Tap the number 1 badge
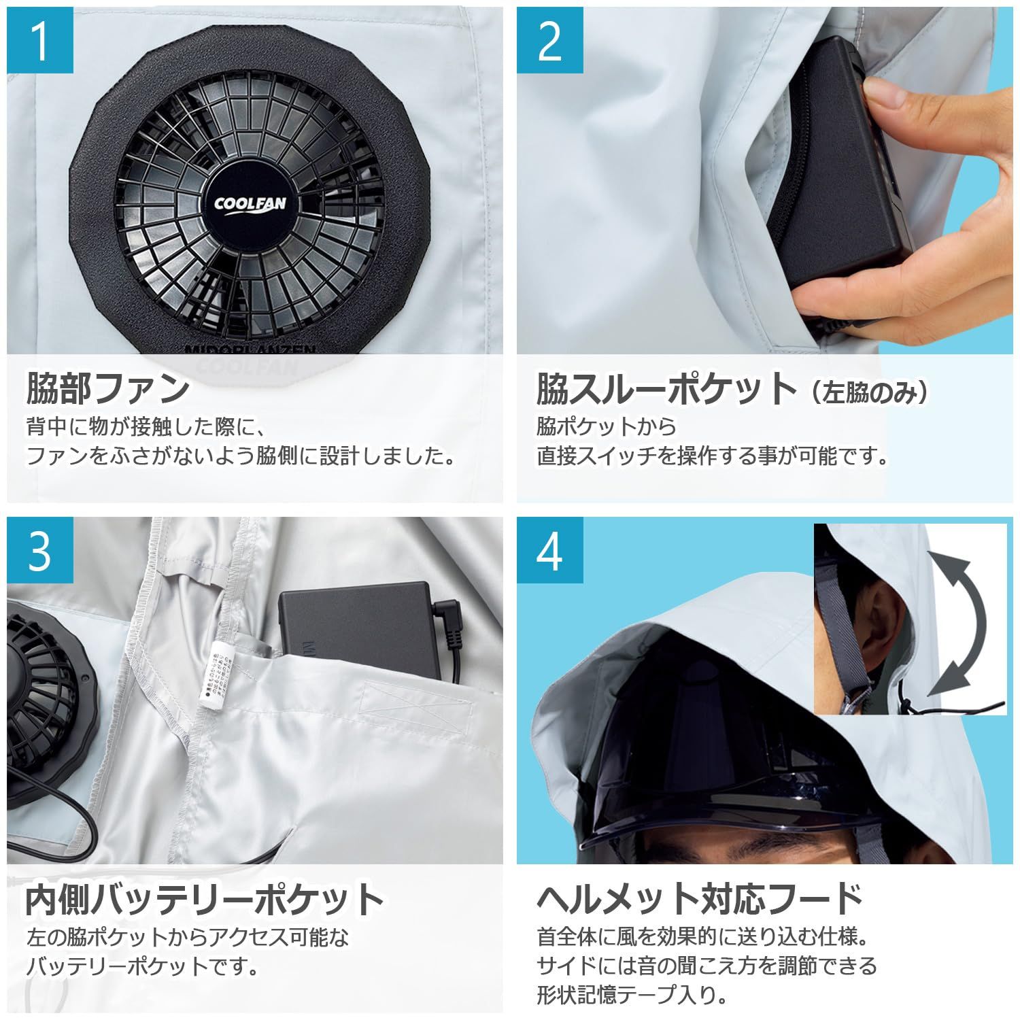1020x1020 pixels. (40, 40)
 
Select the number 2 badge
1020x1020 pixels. (549, 40)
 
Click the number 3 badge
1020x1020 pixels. (40, 550)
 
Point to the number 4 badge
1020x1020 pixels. (549, 550)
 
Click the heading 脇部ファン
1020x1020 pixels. (107, 388)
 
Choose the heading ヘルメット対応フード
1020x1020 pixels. (700, 898)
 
